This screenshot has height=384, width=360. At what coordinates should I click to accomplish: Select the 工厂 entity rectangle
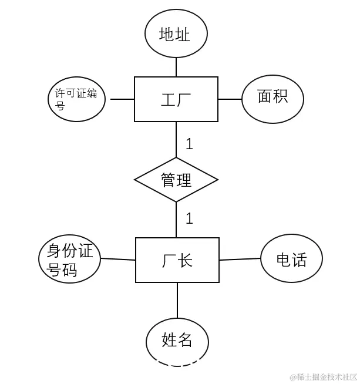click(176, 99)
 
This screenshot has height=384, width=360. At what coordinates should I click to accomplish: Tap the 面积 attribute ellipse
click(272, 99)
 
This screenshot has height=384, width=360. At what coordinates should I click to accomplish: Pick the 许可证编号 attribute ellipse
click(77, 99)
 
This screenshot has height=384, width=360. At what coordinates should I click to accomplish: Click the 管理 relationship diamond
click(176, 180)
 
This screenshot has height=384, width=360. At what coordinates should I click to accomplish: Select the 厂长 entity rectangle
click(177, 260)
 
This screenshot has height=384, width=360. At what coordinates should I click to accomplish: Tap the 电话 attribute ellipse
click(291, 259)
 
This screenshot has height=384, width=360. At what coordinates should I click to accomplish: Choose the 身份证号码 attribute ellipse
click(70, 260)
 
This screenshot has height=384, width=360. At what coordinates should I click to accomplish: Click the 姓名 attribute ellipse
click(177, 341)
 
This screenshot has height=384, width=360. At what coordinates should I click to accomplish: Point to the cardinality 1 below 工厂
click(189, 144)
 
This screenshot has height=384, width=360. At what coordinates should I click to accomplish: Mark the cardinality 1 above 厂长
click(189, 218)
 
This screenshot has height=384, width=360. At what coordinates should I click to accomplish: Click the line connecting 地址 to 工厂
click(176, 67)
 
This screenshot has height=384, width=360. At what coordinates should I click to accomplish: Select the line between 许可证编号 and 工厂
click(122, 99)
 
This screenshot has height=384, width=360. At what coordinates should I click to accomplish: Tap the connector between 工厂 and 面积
click(230, 99)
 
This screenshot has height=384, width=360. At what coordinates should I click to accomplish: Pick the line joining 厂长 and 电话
click(240, 259)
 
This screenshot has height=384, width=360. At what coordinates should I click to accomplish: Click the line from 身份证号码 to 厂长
click(118, 259)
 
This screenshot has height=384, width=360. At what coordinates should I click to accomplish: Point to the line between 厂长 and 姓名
click(177, 301)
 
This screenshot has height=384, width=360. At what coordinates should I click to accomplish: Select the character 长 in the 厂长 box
click(186, 260)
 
